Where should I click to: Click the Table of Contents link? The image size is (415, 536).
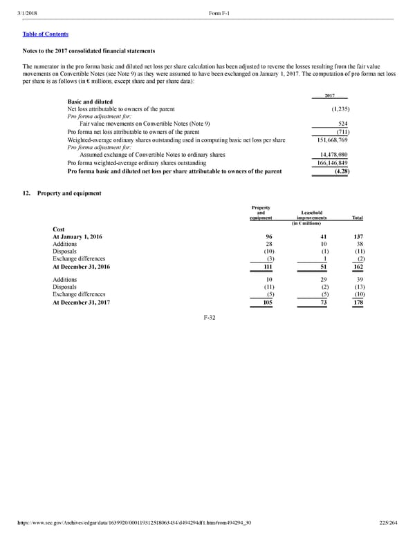pos(46,34)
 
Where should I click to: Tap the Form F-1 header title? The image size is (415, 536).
pos(217,8)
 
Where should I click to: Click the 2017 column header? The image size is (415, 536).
pos(330,96)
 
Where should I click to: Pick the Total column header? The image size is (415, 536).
pos(358,218)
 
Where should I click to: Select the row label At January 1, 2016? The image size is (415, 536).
pos(77,237)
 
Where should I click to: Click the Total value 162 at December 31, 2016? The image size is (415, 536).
pos(358,267)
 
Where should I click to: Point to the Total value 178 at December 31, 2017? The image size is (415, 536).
pos(358,303)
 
